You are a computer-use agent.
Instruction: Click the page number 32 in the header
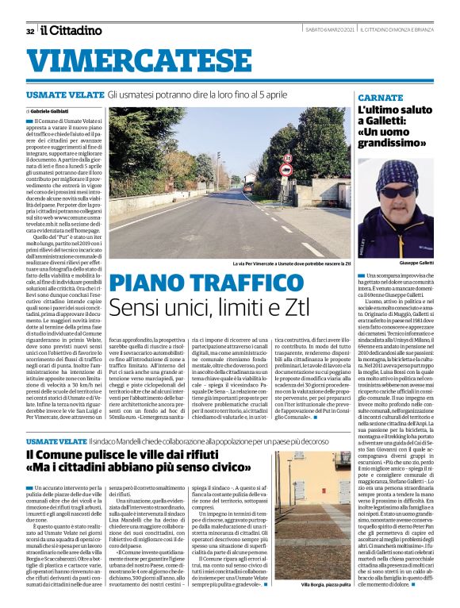(x=29, y=31)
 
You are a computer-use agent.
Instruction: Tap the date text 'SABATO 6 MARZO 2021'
(x=324, y=30)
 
